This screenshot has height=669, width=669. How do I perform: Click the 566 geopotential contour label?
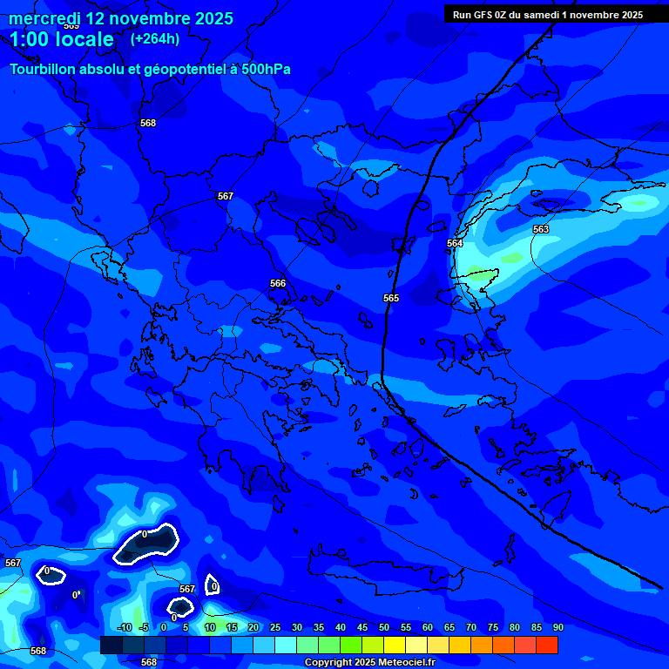point(278,283)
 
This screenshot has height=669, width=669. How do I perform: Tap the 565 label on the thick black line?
point(391,298)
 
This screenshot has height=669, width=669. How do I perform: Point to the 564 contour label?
point(455,243)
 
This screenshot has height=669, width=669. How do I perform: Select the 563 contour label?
point(541,229)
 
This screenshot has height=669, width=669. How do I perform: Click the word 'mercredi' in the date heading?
point(44,18)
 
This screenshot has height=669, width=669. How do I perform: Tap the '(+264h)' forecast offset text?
point(155,38)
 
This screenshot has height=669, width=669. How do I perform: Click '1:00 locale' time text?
point(62,39)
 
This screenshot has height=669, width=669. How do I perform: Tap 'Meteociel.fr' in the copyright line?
point(402,663)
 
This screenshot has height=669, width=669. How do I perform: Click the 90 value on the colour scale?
point(557,627)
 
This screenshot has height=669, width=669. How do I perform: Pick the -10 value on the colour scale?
point(124,627)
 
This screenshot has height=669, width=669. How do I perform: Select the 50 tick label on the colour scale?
point(384,627)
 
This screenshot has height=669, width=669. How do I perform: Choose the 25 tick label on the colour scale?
point(275,627)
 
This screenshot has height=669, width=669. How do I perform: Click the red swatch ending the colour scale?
point(547,645)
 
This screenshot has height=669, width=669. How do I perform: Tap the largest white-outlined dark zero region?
point(146,544)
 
